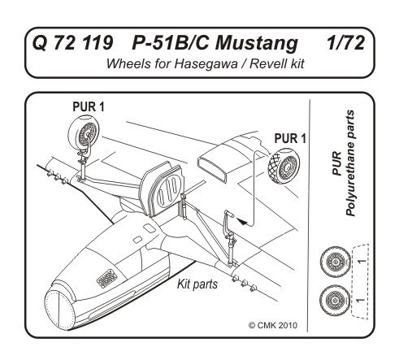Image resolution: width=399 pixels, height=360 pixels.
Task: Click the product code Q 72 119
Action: tap(72, 43)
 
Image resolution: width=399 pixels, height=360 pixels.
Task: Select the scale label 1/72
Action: tap(345, 43)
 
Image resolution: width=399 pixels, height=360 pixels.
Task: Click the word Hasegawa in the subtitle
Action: tap(206, 64)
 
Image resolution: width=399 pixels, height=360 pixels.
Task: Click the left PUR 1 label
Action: tap(89, 106)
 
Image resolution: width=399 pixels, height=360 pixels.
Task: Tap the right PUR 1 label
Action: tap(290, 138)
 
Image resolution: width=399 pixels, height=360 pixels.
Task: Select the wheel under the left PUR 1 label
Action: tap(84, 132)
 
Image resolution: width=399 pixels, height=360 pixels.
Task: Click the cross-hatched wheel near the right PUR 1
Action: tap(284, 166)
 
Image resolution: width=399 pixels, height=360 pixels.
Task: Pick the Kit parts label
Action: tap(197, 284)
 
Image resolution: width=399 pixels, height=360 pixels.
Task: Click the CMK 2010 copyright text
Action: tap(273, 325)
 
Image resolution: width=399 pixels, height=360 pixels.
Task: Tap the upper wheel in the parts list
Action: tap(336, 262)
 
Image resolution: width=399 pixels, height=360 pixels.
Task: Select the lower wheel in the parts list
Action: tap(336, 301)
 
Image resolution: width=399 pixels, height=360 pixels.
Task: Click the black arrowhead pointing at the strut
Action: tap(241, 221)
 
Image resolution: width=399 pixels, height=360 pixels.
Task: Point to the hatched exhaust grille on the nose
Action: tap(107, 278)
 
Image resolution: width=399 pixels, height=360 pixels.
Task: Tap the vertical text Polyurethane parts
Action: tap(350, 163)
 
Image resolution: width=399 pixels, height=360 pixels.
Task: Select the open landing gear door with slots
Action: tap(163, 189)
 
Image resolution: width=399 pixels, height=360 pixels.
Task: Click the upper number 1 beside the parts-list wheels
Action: tap(362, 262)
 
